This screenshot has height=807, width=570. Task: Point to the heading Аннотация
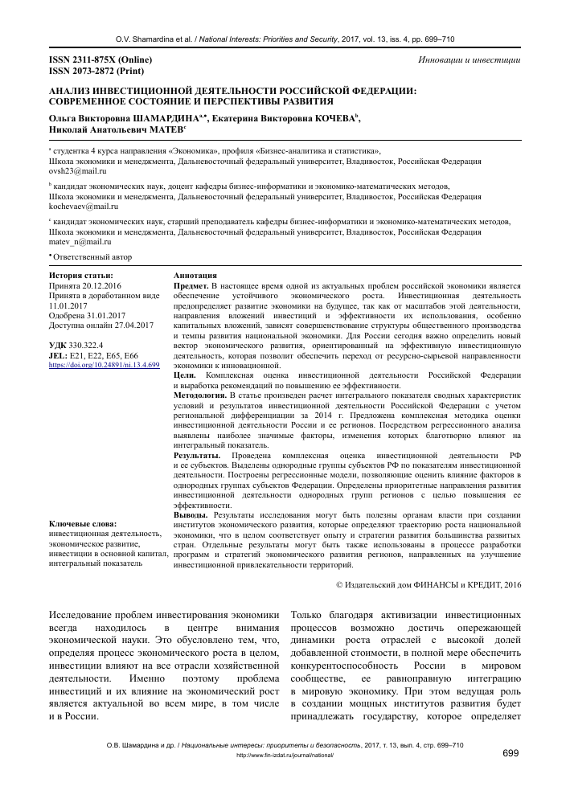[x=195, y=276]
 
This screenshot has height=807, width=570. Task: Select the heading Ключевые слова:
[x=84, y=524]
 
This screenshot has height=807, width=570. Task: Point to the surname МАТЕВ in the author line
[x=164, y=129]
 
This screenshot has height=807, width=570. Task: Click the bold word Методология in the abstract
[x=200, y=395]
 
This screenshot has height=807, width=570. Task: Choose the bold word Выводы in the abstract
[x=194, y=514]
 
